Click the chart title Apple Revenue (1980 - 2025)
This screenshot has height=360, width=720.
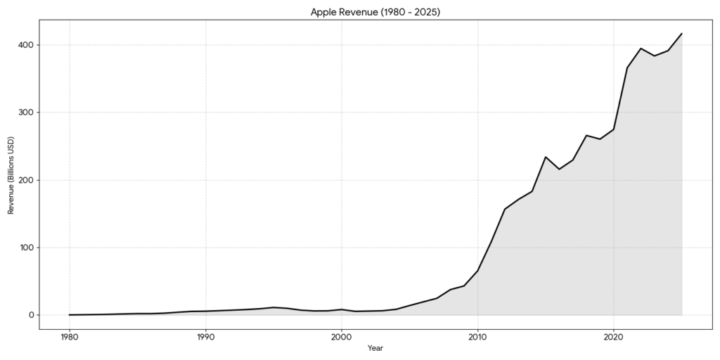coord(375,12)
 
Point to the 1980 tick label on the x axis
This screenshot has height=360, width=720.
coord(69,336)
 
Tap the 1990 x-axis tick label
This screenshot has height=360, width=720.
coord(205,336)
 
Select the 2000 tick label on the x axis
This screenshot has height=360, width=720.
coord(341,336)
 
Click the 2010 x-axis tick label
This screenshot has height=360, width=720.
coord(477,336)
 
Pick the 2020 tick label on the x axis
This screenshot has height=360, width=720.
coord(614,336)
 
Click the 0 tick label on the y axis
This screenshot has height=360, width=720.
coord(32,315)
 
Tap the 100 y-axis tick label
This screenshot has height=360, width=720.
coord(27,247)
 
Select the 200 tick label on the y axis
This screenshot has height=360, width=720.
coord(27,180)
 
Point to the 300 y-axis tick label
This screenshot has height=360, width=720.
coord(27,112)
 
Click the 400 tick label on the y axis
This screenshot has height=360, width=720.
coord(27,45)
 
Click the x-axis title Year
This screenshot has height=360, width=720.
coord(375,348)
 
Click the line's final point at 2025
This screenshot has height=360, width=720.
coord(682,34)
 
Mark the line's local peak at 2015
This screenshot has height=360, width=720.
coord(546,157)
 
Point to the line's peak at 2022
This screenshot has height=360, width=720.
coord(641,49)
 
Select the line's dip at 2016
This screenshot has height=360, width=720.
coord(559,169)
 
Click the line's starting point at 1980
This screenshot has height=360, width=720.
coord(69,315)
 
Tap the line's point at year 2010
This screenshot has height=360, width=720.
coord(477,271)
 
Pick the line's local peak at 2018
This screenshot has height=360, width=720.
coord(586,135)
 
